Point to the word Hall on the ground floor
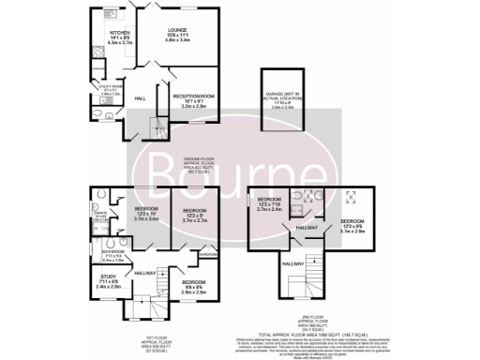tap(140, 97)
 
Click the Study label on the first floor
tap(109, 275)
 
